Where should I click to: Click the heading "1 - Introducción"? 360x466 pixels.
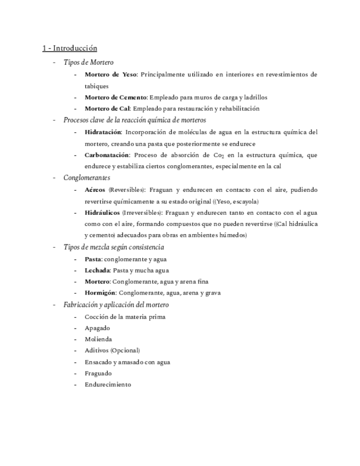tap(70, 48)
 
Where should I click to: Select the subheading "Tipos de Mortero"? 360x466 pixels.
tap(88, 63)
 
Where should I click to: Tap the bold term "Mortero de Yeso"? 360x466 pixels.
tap(110, 74)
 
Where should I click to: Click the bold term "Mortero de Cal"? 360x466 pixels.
tap(107, 108)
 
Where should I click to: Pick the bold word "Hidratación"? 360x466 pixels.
tap(103, 132)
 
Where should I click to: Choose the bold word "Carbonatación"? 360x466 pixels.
tap(107, 155)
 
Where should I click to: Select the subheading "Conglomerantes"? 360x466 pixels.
tap(87, 178)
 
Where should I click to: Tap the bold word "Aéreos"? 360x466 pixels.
tap(95, 190)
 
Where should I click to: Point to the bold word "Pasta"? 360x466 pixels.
tap(93, 259)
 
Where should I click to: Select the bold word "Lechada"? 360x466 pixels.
tap(97, 270)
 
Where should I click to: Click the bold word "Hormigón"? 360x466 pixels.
tap(100, 293)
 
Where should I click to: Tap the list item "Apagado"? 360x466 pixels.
tap(97, 328)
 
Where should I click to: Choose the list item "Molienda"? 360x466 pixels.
tap(98, 339)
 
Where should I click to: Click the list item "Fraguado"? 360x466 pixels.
tap(98, 373)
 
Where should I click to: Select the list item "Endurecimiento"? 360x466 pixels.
tap(108, 385)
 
